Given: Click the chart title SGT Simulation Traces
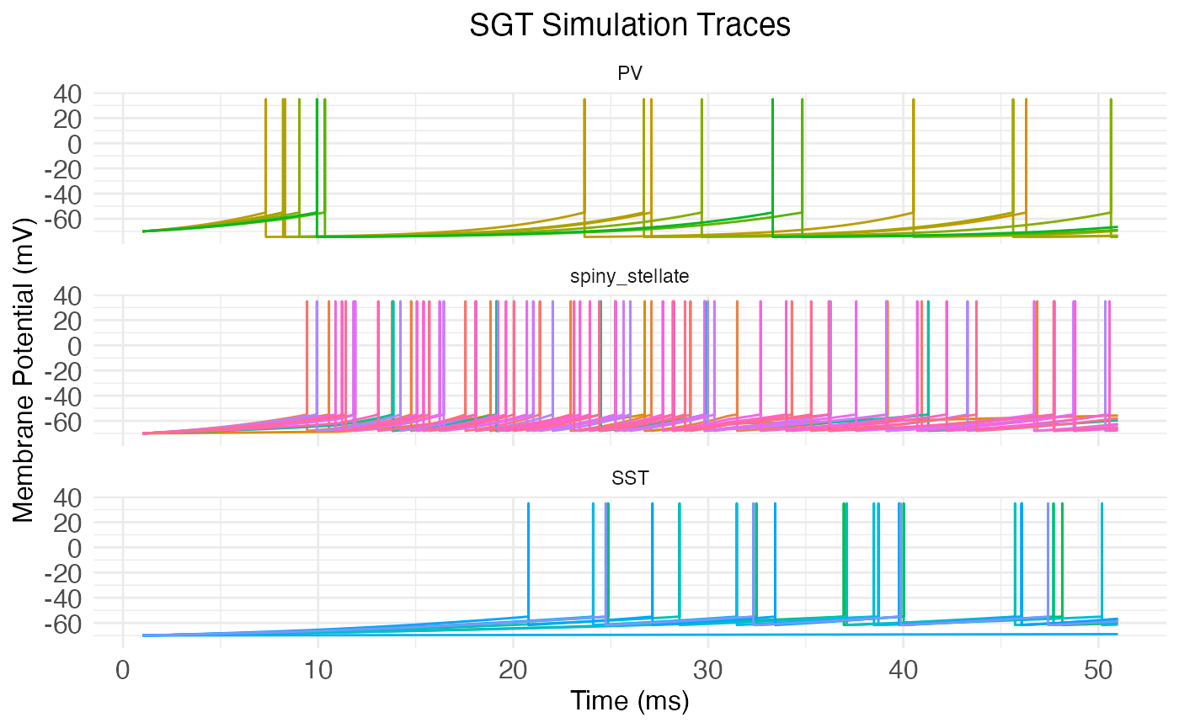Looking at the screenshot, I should (x=630, y=25).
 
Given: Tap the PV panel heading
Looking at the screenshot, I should (x=630, y=74).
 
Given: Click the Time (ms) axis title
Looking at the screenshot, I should (x=630, y=700).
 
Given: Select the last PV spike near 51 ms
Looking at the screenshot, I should (x=1111, y=151).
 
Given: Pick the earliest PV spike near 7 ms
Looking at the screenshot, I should (x=266, y=151).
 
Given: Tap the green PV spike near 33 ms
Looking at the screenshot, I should (x=772, y=151).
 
